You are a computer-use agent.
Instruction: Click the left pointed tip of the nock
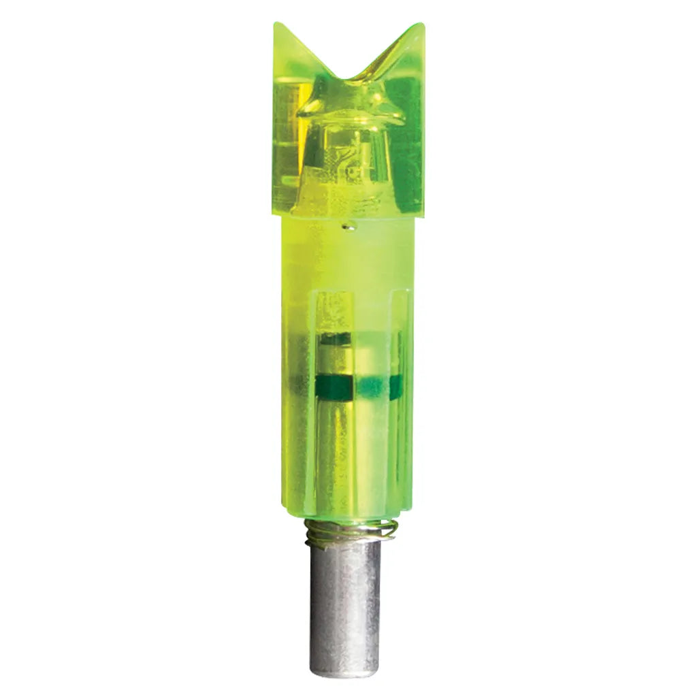276,25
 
